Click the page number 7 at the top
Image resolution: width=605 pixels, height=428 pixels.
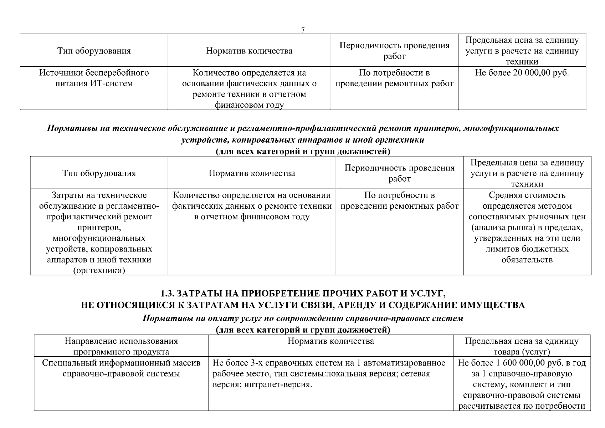tap(303, 30)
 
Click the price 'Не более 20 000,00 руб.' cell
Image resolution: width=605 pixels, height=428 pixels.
tap(522, 73)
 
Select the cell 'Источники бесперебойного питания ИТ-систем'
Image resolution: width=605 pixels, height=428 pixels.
tap(94, 78)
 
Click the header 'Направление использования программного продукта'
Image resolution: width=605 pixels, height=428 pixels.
tap(121, 346)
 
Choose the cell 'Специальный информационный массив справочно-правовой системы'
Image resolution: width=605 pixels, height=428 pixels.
tap(121, 368)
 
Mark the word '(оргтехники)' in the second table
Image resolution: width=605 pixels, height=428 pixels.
tap(99, 271)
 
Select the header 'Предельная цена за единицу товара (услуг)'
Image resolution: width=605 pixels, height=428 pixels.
tap(522, 346)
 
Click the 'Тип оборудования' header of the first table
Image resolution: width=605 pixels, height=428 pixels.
tap(94, 51)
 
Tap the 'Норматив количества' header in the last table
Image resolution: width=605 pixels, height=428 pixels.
tap(330, 341)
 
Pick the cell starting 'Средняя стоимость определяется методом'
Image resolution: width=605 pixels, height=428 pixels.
tap(527, 227)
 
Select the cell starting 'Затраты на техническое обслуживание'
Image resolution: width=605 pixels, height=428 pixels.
tap(99, 233)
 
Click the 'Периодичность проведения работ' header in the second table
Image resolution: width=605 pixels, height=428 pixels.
tap(399, 173)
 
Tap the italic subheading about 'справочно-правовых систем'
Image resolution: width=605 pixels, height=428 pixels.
tap(303, 318)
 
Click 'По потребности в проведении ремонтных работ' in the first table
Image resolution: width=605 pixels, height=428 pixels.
tap(394, 78)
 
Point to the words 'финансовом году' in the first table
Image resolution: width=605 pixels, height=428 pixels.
tap(249, 105)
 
